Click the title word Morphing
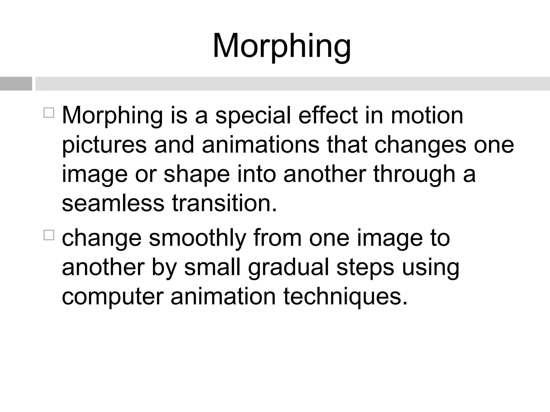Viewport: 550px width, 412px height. pos(281,46)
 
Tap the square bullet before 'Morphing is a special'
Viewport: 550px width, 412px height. pos(49,113)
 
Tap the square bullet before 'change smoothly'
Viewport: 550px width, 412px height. pos(49,235)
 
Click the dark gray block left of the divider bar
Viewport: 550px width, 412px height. pos(16,84)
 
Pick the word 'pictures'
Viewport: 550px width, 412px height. pos(104,145)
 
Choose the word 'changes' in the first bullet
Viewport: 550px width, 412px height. pos(420,145)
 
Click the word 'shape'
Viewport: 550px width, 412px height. pos(197,174)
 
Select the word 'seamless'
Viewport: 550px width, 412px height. pos(113,203)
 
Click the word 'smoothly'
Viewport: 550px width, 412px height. pos(197,238)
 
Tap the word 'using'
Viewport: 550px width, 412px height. pos(430,268)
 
